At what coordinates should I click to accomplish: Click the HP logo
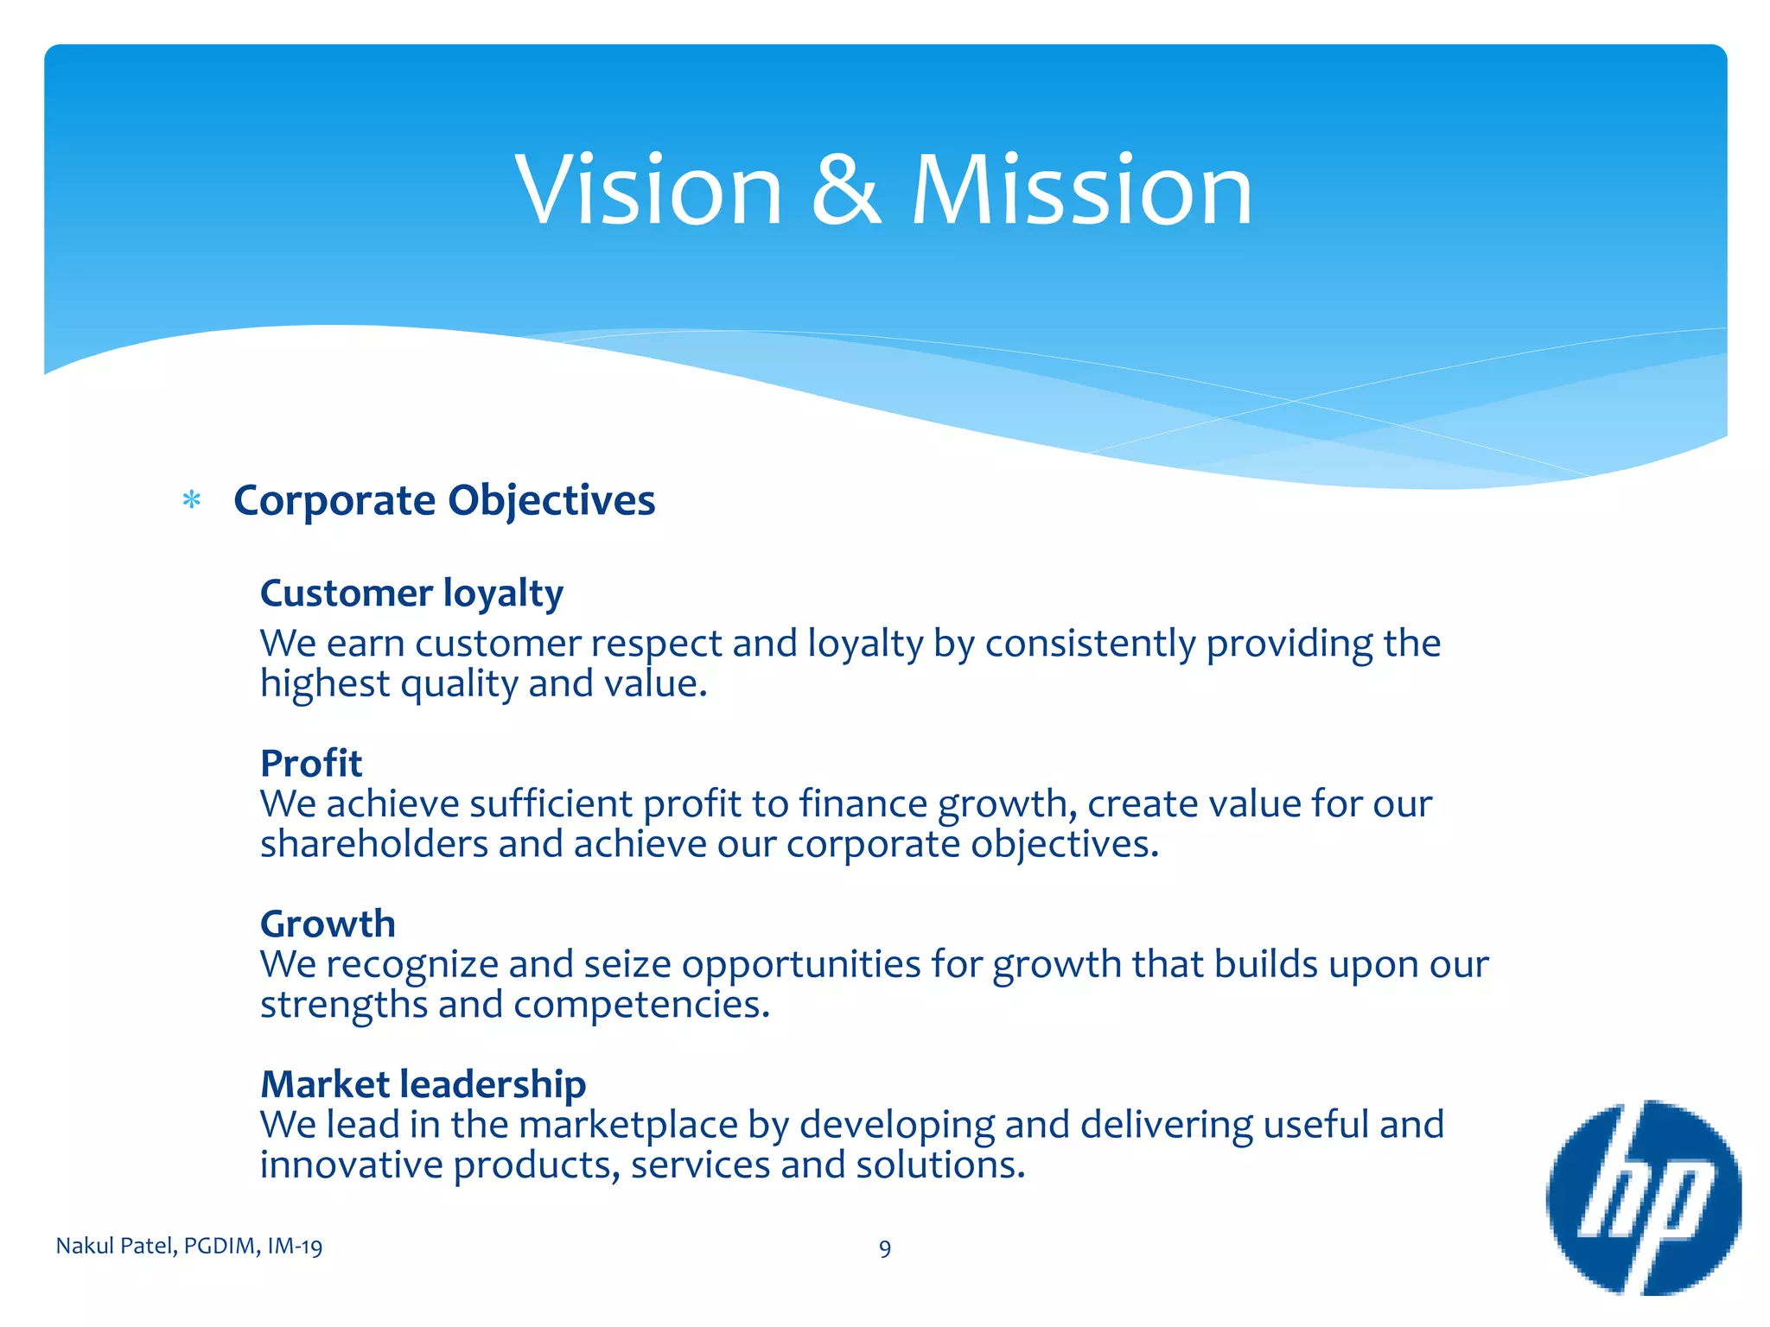pyautogui.click(x=1643, y=1197)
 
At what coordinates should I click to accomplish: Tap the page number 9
pyautogui.click(x=885, y=1248)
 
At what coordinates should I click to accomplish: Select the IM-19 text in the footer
pyautogui.click(x=295, y=1246)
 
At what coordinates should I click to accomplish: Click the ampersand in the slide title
pyautogui.click(x=846, y=189)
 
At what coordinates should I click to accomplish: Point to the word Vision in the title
pyautogui.click(x=649, y=189)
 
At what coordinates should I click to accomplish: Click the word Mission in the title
pyautogui.click(x=1081, y=189)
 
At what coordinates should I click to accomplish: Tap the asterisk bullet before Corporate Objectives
pyautogui.click(x=192, y=500)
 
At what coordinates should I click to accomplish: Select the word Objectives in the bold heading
pyautogui.click(x=551, y=501)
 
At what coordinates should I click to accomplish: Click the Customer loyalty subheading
pyautogui.click(x=411, y=594)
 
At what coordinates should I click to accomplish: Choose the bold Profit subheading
pyautogui.click(x=311, y=763)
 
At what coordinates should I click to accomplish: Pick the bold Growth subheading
pyautogui.click(x=328, y=924)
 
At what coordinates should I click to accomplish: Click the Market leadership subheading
pyautogui.click(x=423, y=1084)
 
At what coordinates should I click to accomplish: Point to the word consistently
pyautogui.click(x=1090, y=644)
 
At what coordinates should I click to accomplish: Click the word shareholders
pyautogui.click(x=374, y=844)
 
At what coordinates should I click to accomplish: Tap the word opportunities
pyautogui.click(x=801, y=964)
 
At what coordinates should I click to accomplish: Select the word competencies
pyautogui.click(x=640, y=1005)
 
